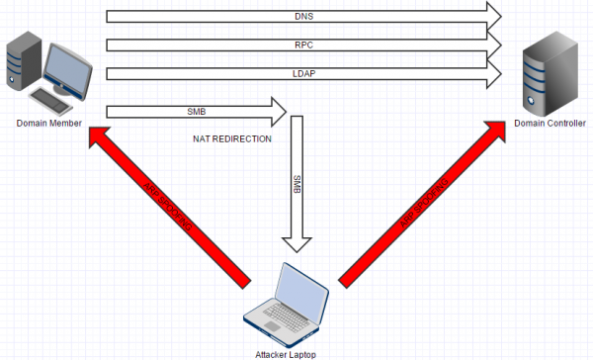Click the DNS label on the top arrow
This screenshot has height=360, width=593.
[x=304, y=15]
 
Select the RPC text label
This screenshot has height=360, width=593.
[x=304, y=45]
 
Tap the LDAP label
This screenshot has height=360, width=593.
[x=304, y=74]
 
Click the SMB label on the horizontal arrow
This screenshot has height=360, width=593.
[x=196, y=111]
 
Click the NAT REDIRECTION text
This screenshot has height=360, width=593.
[x=232, y=138]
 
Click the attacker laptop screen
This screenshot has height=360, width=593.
[x=301, y=292]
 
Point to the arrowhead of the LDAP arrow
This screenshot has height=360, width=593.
[x=492, y=74]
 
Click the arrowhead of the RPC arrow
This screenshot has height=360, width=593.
[x=492, y=45]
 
